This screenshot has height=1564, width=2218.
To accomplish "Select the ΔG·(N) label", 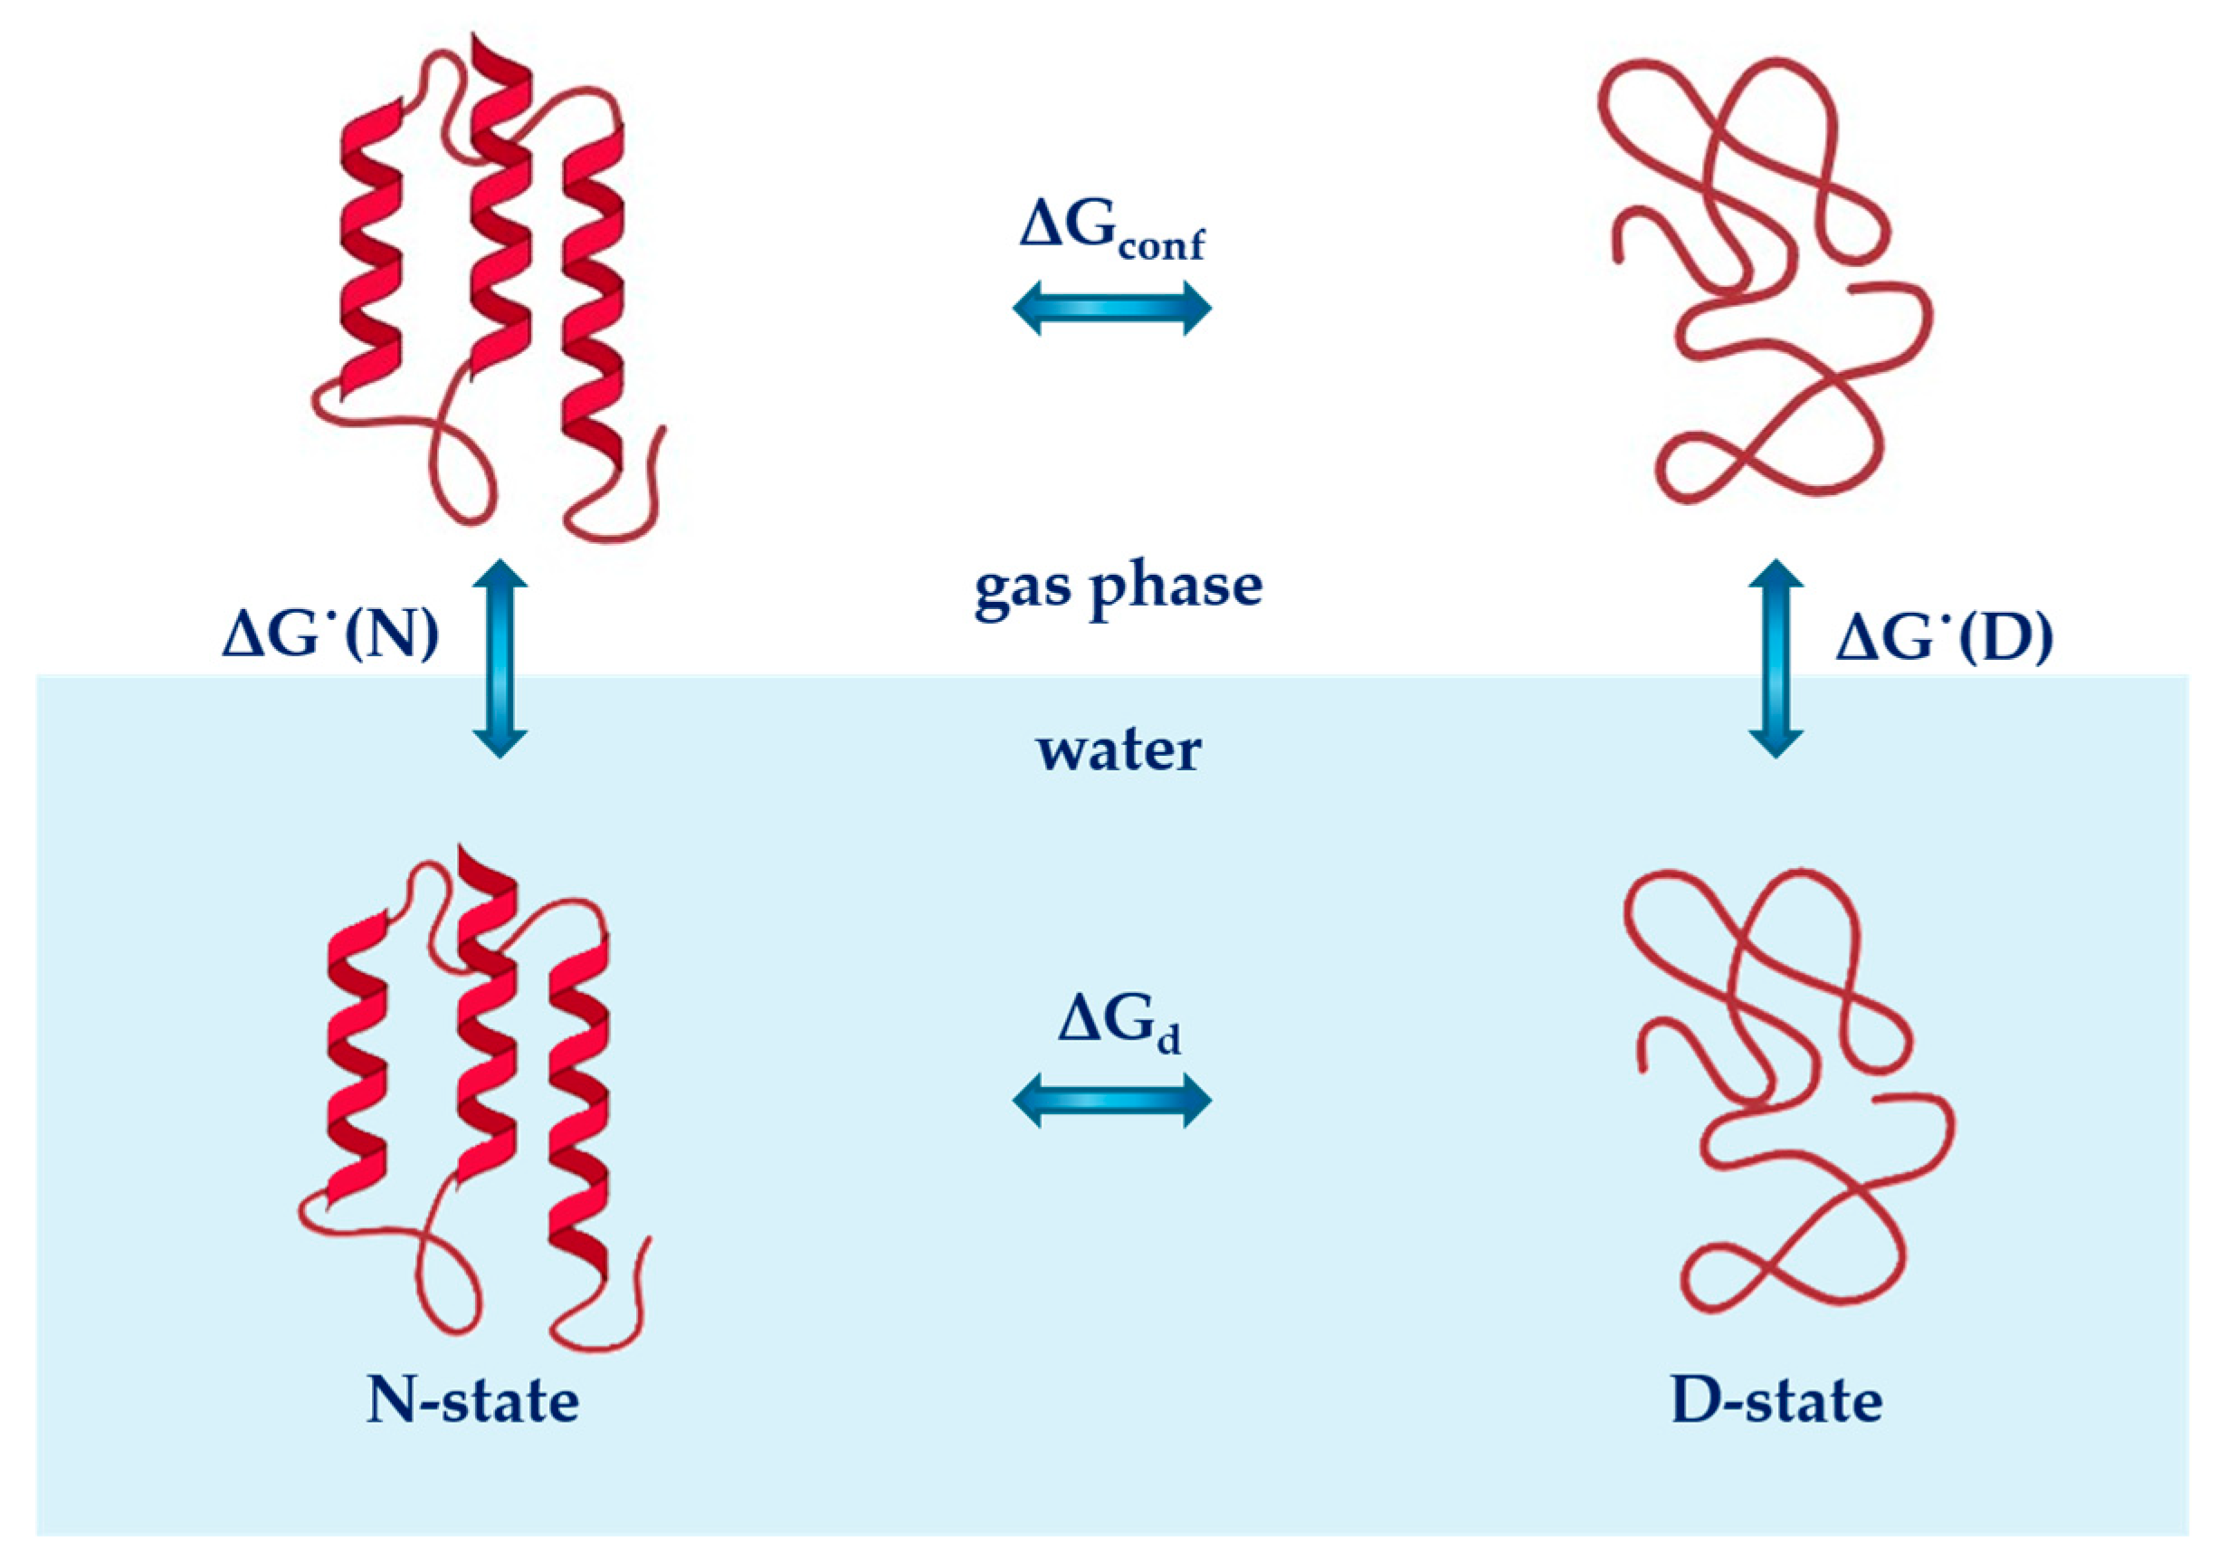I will click(330, 636).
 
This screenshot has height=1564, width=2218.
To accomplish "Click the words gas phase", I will click(1118, 587).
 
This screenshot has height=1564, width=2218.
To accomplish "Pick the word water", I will click(1119, 750).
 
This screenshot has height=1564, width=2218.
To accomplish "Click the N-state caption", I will click(472, 1400).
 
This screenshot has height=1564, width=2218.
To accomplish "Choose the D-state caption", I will click(1775, 1400).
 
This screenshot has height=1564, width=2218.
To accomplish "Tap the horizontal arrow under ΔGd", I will click(1111, 1101).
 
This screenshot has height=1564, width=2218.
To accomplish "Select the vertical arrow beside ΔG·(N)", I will click(500, 658).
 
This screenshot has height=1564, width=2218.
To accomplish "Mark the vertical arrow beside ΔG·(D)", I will click(1775, 658).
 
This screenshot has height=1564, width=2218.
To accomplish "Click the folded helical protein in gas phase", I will click(492, 290).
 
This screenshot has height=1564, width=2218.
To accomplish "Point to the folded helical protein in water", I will click(473, 1101).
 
